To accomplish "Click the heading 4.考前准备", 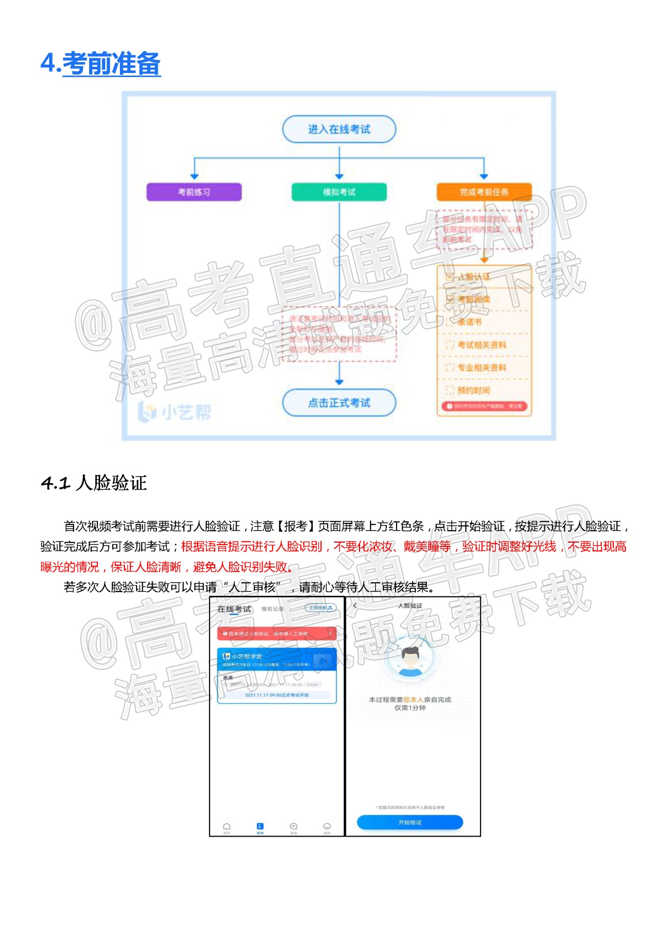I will (101, 64).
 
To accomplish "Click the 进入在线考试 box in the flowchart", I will (339, 129).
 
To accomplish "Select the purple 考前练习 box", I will (194, 192).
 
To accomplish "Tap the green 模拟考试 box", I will (339, 192).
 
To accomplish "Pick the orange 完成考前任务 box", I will (484, 192).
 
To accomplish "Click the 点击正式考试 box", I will (339, 402).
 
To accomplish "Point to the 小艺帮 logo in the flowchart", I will (175, 412).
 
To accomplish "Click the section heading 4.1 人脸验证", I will (94, 483).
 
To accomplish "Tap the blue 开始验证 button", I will (410, 822).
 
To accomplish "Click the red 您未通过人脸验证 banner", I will (277, 633).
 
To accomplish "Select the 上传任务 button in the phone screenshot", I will (320, 608).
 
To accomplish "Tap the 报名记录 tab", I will (273, 609).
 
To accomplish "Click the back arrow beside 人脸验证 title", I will (355, 606).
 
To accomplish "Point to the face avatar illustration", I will (410, 659).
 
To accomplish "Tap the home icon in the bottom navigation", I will (227, 827).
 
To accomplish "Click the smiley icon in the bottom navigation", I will (327, 827).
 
